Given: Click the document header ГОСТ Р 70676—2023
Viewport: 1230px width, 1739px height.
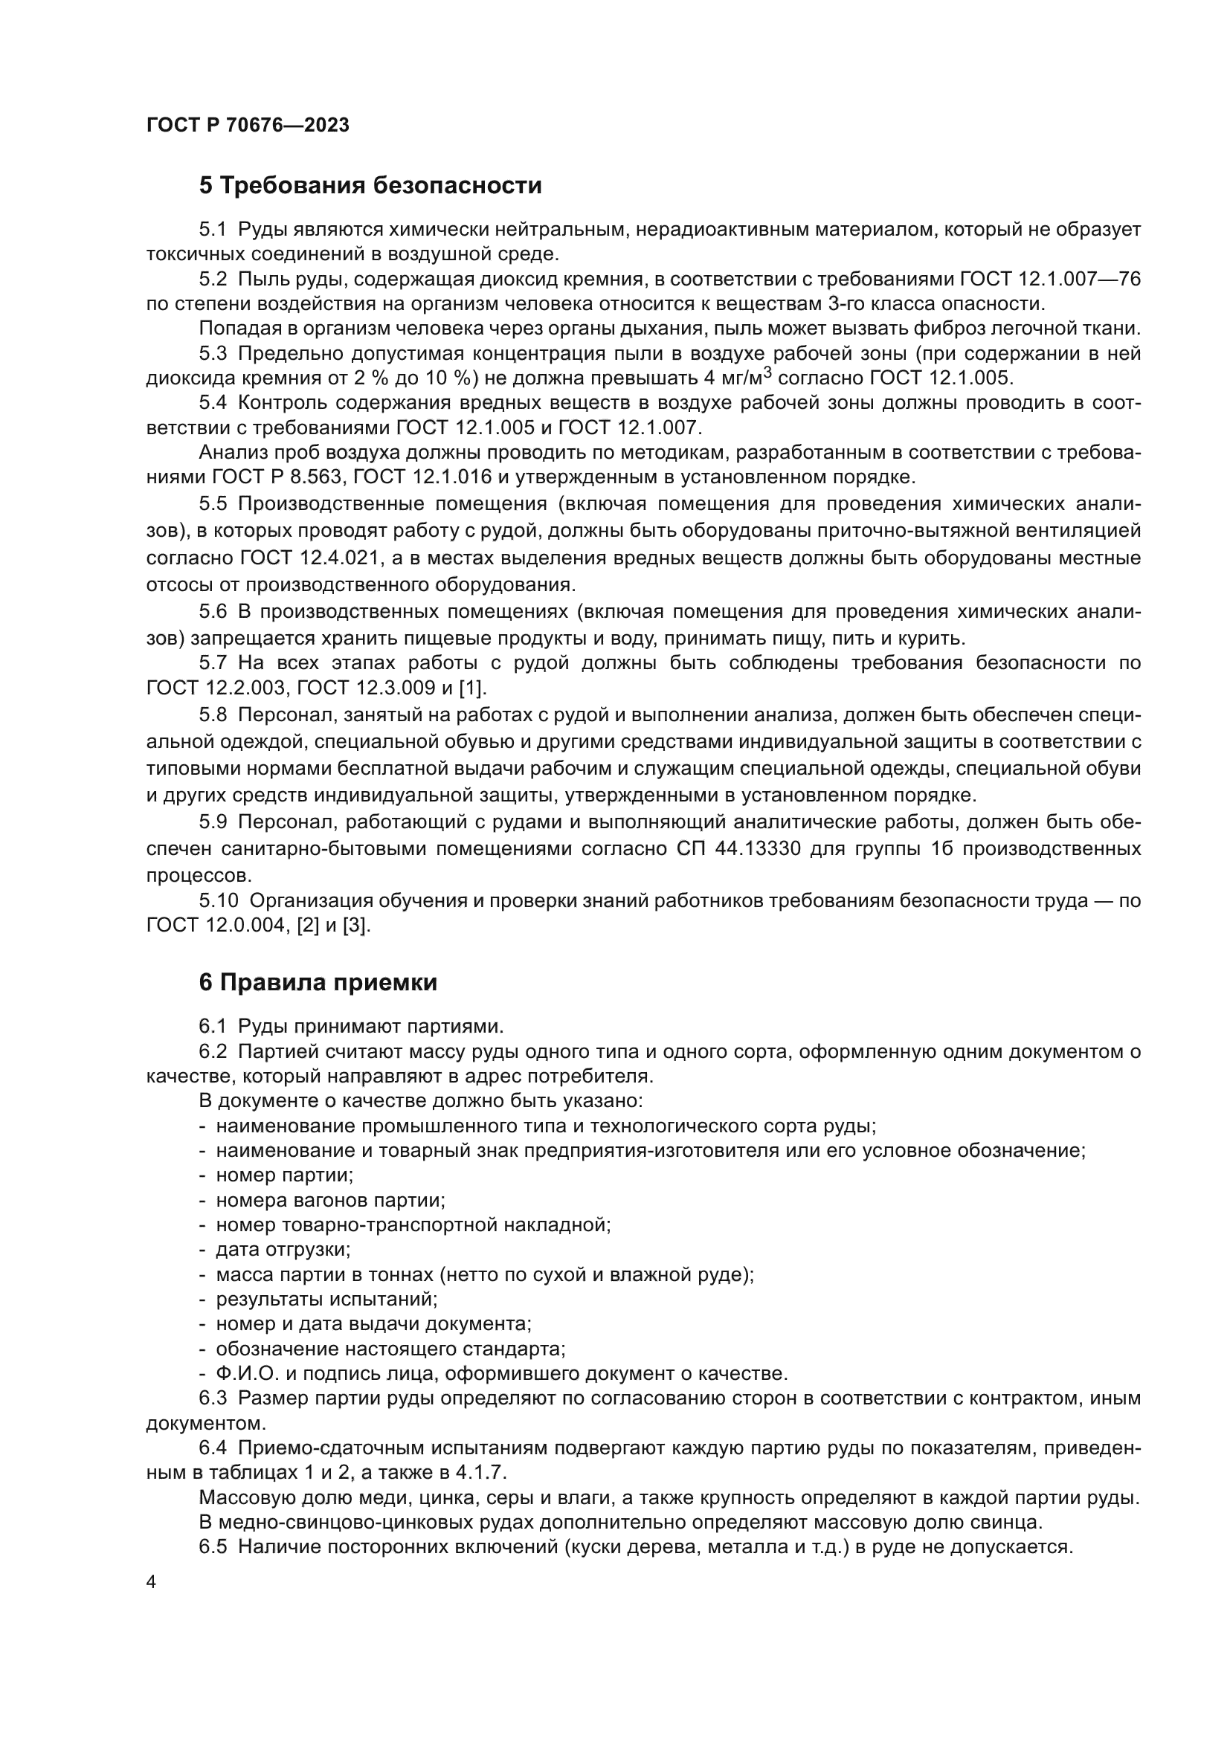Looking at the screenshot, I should pos(248,126).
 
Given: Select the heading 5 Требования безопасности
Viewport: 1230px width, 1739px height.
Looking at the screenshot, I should pos(370,186).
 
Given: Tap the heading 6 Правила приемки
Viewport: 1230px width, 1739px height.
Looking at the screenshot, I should pos(318,983).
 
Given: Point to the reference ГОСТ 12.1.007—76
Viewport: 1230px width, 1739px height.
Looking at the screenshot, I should pos(1051,280).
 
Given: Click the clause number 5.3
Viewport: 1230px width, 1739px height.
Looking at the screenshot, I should pos(213,354).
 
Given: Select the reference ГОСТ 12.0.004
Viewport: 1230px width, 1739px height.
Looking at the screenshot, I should pos(212,926).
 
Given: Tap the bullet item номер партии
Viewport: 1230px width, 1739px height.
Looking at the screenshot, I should pos(285,1175).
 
